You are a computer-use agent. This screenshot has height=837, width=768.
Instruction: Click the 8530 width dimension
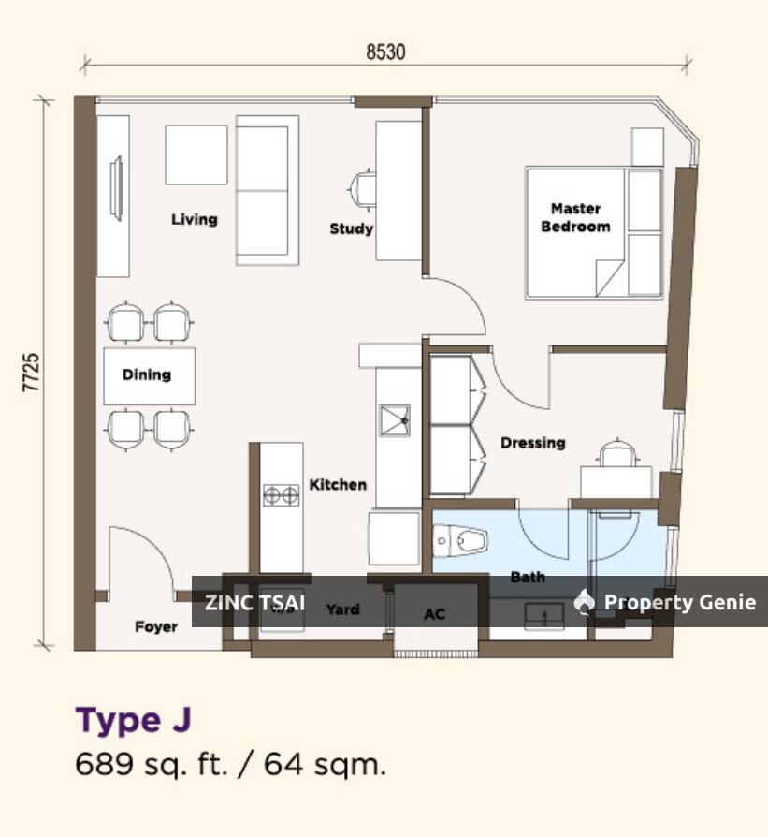coord(385,51)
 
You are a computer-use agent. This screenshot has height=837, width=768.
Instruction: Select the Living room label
coord(194,219)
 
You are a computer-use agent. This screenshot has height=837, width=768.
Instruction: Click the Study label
coord(351,228)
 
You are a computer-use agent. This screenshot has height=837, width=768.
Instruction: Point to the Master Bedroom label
coord(575,217)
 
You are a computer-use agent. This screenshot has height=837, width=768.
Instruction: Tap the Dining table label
coord(147,374)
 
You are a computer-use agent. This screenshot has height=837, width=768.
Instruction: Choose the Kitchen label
coord(338,484)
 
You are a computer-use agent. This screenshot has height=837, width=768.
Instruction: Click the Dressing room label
coord(532,443)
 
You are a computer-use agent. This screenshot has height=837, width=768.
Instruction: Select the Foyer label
coord(155,626)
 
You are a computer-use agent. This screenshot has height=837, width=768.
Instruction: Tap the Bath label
coord(528,578)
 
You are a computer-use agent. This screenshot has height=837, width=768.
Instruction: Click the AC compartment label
coord(434,614)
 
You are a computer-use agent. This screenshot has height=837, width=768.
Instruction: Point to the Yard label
coord(342,609)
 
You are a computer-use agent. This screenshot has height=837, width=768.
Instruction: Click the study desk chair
coord(363,189)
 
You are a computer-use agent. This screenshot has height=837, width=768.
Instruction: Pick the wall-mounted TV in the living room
coord(118,188)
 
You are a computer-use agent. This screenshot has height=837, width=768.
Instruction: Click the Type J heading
coord(133,720)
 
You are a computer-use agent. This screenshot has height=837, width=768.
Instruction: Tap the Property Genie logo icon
coord(585,601)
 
